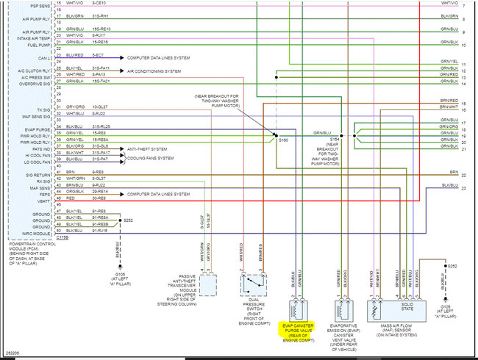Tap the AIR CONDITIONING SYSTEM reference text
tap(154, 71)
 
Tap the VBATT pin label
tap(42, 198)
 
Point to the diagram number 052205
tap(12, 353)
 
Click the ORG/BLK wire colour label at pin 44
tap(74, 192)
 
